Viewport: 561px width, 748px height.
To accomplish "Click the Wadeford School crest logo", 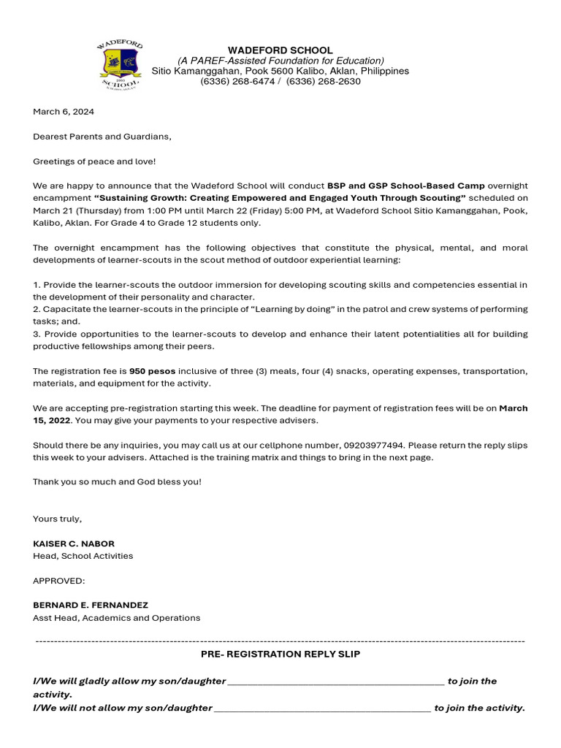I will [x=121, y=66].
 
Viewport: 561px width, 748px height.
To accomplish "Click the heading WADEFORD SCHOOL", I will [x=280, y=50].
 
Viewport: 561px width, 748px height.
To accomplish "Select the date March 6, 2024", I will [x=64, y=112].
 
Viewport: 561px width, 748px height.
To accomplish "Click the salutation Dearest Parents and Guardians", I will [x=102, y=137].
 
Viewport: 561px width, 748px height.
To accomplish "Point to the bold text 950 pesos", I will [x=152, y=371].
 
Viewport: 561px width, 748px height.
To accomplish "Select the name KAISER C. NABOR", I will [x=74, y=543].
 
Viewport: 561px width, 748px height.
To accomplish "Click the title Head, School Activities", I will [x=83, y=556].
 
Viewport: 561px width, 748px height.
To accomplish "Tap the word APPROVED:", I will [x=59, y=581].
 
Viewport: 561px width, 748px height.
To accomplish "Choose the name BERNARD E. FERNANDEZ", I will [x=91, y=606].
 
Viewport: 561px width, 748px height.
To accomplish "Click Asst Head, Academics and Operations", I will [x=116, y=618].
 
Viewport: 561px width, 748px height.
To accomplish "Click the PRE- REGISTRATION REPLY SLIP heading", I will [x=280, y=654].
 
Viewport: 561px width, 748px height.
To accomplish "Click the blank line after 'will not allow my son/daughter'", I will [x=322, y=709].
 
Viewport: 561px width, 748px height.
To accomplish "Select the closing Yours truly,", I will [x=58, y=519].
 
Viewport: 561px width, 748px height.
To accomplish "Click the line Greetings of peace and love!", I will [x=94, y=161].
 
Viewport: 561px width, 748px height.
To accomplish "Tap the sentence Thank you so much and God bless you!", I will [x=117, y=481].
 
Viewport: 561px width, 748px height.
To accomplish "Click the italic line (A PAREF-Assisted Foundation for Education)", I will [x=281, y=61].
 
